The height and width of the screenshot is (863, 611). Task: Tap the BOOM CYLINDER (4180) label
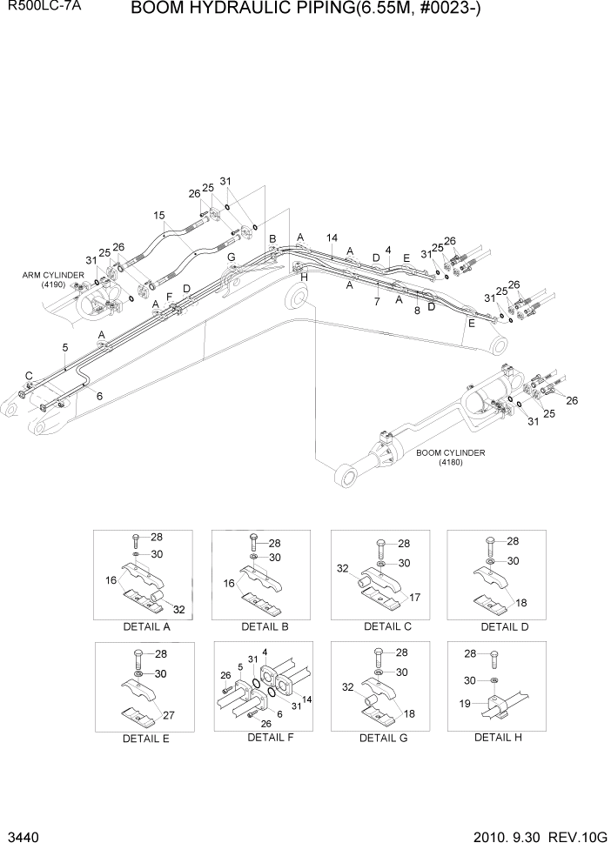pos(450,457)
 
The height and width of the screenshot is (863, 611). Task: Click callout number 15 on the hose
pos(158,216)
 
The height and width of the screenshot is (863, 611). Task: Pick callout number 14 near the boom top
pos(332,237)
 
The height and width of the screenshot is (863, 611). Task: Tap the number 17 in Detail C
pos(414,597)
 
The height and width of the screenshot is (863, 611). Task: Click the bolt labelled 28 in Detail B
pos(252,543)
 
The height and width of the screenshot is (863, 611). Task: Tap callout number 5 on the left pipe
pos(65,347)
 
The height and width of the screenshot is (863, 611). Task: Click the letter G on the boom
pos(231,258)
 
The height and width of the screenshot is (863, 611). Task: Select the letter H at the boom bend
pos(304,278)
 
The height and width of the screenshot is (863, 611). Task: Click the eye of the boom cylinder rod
pos(344,474)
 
